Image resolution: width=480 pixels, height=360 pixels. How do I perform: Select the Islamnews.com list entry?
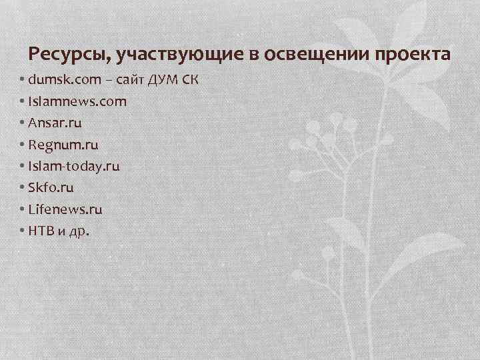(77, 103)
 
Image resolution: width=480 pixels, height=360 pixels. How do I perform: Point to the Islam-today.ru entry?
(75, 167)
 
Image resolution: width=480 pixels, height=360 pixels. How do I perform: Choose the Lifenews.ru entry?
(65, 209)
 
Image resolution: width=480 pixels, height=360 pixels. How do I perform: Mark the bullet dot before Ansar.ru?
(23, 124)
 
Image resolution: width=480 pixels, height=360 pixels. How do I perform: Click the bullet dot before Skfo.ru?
(23, 188)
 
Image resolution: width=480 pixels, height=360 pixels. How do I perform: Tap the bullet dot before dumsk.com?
(23, 81)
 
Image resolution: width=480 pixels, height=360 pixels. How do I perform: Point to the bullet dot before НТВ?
(23, 231)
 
